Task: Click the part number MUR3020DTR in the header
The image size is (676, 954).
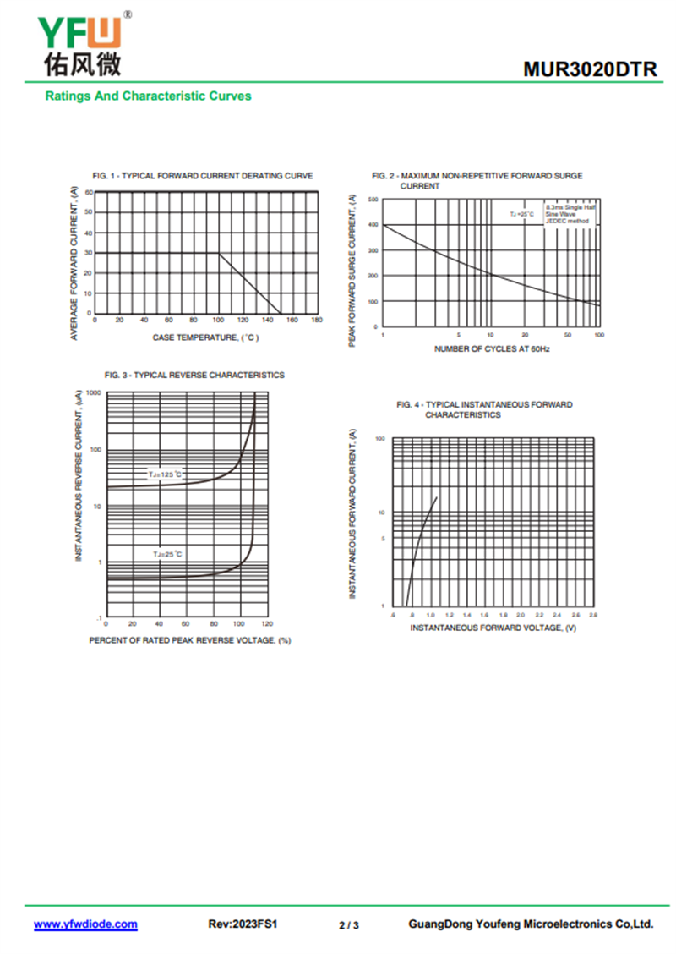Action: pyautogui.click(x=590, y=69)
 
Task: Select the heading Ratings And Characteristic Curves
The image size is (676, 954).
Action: pyautogui.click(x=148, y=96)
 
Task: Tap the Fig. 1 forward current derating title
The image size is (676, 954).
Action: pyautogui.click(x=203, y=176)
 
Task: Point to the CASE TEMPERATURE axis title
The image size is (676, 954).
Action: pyautogui.click(x=205, y=337)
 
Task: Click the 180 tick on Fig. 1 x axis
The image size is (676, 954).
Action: pyautogui.click(x=317, y=320)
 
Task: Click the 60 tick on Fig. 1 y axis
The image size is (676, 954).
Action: pyautogui.click(x=88, y=193)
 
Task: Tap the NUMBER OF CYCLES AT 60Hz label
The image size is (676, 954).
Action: pyautogui.click(x=492, y=348)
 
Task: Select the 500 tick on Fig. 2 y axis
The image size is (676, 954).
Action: pyautogui.click(x=373, y=200)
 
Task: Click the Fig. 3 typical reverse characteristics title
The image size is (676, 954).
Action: pyautogui.click(x=194, y=375)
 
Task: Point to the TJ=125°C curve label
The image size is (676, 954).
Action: pyautogui.click(x=166, y=474)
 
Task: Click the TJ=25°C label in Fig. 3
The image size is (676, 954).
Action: pyautogui.click(x=167, y=553)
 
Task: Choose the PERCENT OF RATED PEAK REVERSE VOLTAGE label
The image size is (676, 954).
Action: pyautogui.click(x=189, y=640)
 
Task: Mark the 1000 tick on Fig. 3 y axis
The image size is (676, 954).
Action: pyautogui.click(x=93, y=393)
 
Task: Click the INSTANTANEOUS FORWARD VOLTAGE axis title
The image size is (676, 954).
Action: pyautogui.click(x=493, y=628)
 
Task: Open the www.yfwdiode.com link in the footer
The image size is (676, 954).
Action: pyautogui.click(x=85, y=924)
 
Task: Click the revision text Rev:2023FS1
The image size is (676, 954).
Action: pyautogui.click(x=243, y=924)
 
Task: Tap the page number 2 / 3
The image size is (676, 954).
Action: pyautogui.click(x=349, y=925)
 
